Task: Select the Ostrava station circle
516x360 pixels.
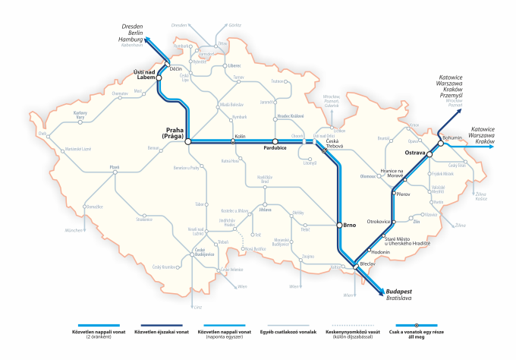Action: (429, 154)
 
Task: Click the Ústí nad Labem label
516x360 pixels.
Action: (144, 75)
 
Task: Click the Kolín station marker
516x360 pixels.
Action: (234, 141)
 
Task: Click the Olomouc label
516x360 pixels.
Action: (368, 175)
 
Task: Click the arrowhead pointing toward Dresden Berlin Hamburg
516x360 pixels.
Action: (147, 38)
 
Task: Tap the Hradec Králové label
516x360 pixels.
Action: (290, 115)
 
